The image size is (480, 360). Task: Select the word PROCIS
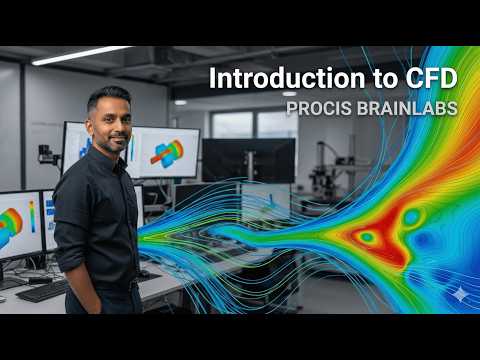click(315, 106)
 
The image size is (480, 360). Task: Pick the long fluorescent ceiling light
click(80, 55)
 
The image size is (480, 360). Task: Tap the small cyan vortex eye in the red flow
click(368, 237)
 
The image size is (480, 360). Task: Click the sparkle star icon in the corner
click(458, 294)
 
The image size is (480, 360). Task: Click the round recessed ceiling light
click(289, 93)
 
